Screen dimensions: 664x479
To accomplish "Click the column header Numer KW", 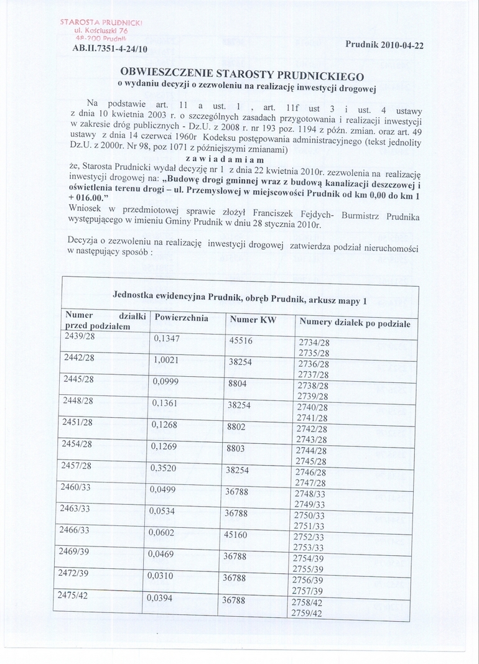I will click(253, 321).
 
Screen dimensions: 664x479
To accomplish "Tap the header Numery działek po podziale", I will click(355, 323).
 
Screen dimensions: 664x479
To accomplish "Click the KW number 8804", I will click(238, 384).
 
